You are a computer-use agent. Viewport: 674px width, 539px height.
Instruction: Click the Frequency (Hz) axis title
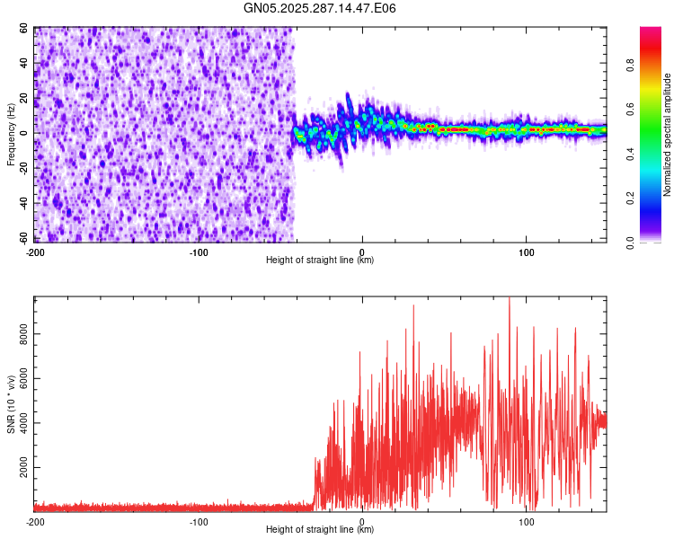pyautogui.click(x=11, y=135)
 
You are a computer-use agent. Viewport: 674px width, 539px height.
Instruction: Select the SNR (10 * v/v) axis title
pyautogui.click(x=11, y=403)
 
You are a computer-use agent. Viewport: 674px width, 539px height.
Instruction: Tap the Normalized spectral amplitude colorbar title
pyautogui.click(x=667, y=135)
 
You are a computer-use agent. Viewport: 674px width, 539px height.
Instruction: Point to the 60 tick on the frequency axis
pyautogui.click(x=25, y=29)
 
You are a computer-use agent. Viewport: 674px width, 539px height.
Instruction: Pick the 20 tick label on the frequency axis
pyautogui.click(x=25, y=98)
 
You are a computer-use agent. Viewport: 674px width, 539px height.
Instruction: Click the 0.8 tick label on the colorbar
pyautogui.click(x=630, y=65)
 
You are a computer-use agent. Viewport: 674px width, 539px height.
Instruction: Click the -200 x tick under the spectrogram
pyautogui.click(x=36, y=252)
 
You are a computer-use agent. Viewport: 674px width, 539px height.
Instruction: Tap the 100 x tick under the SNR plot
pyautogui.click(x=526, y=521)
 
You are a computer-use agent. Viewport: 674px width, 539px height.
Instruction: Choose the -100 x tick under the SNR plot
pyautogui.click(x=199, y=521)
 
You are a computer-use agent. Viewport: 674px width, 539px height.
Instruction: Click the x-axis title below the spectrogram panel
pyautogui.click(x=320, y=261)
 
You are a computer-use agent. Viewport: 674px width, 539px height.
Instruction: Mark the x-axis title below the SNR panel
pyautogui.click(x=320, y=530)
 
